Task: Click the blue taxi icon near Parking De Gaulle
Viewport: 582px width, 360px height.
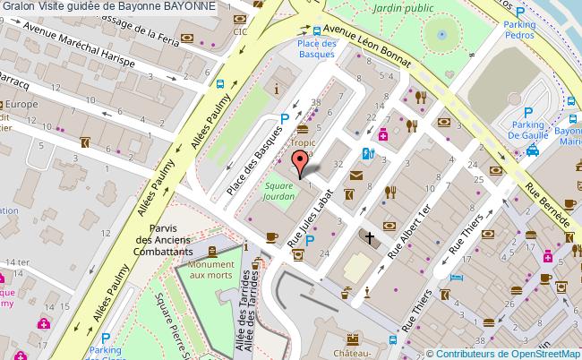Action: click(532, 151)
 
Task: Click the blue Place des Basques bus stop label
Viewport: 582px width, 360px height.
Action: click(316, 48)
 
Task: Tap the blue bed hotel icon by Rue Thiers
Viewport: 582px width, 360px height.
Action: click(457, 278)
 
